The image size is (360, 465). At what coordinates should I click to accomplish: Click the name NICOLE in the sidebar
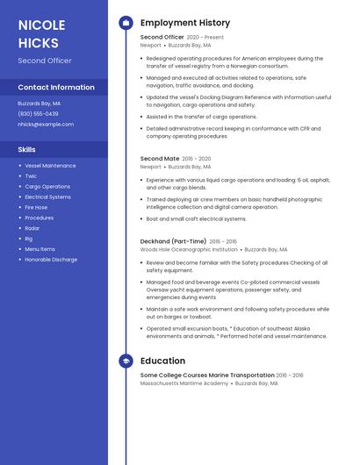(42, 25)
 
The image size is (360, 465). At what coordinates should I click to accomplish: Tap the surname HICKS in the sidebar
(39, 43)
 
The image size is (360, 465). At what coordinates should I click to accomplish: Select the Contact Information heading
(56, 87)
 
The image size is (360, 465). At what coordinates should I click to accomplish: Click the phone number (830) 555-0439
(38, 113)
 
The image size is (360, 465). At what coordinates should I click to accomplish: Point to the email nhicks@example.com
(46, 124)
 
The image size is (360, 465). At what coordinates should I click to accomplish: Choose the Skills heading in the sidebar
(26, 149)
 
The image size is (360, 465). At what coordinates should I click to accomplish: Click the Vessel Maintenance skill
(50, 165)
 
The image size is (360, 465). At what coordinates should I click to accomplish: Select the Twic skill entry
(32, 175)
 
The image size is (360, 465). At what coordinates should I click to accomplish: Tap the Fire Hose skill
(36, 207)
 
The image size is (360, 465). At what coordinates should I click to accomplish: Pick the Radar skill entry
(32, 228)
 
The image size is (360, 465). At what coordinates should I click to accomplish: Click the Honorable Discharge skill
(51, 260)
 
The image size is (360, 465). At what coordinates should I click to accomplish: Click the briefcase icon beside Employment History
(126, 22)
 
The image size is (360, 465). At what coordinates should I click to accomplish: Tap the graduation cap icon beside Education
(126, 361)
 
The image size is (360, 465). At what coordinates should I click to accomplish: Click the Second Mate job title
(160, 159)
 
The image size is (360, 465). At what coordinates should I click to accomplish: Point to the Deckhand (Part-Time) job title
(173, 241)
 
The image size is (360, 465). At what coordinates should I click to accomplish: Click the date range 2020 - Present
(205, 38)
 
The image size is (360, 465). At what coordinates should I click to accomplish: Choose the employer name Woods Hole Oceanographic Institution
(189, 249)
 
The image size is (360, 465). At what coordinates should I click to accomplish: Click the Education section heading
(162, 361)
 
